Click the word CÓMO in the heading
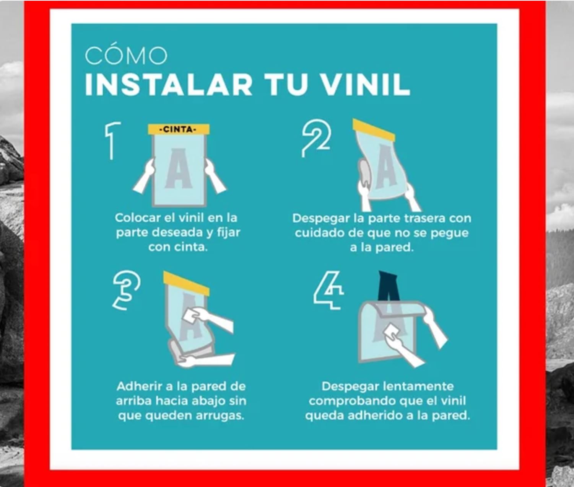click(126, 56)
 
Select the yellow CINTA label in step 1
click(179, 129)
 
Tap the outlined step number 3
click(127, 290)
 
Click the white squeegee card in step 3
click(190, 316)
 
